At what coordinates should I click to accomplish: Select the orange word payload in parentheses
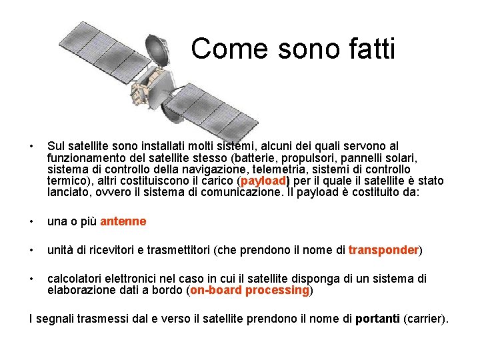(263, 181)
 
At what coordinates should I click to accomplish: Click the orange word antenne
(123, 221)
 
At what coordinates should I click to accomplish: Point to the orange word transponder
(383, 250)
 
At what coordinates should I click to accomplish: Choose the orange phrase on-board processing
(250, 290)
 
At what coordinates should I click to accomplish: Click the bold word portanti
(377, 319)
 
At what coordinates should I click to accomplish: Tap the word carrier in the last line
(425, 319)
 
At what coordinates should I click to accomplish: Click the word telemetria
(291, 169)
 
